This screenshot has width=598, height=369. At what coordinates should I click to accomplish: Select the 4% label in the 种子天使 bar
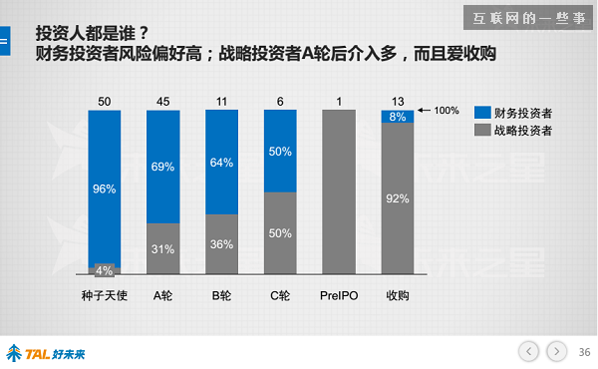coord(104,269)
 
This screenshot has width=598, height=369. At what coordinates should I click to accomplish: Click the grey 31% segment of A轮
coord(162,248)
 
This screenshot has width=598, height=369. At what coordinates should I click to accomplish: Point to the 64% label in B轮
coord(222,163)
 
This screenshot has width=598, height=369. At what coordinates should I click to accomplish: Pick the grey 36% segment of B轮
coord(222,244)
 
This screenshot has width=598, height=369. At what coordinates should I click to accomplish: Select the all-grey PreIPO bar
coord(339,191)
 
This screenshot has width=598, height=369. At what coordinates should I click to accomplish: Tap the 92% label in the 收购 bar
coord(398,197)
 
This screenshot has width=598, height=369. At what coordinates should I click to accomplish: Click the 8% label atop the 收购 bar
coord(398,117)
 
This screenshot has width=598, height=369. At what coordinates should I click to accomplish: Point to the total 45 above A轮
coord(162,101)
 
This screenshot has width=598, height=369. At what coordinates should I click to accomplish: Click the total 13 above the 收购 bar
coord(398,101)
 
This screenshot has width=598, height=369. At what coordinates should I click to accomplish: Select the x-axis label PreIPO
coord(339,295)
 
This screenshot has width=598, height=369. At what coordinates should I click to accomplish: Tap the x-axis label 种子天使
coord(104,295)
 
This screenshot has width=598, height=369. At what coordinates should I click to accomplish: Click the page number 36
coord(585,351)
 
